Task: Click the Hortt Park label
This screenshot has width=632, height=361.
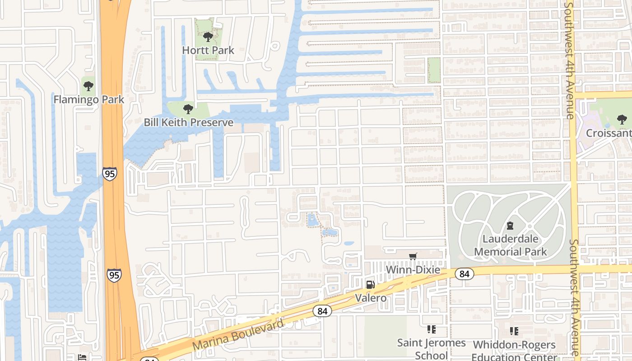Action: point(208,50)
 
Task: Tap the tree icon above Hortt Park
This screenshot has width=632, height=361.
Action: point(208,37)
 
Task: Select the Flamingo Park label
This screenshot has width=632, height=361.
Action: point(88,99)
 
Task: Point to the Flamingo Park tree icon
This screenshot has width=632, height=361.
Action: point(88,86)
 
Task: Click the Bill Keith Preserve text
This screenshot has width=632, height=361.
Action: point(188,122)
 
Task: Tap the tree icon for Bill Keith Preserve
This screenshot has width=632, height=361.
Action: point(188,109)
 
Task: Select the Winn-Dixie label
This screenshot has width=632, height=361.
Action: point(413,270)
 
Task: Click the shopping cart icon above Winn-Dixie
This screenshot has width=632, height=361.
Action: point(413,257)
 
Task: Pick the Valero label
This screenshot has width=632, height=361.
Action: point(370,298)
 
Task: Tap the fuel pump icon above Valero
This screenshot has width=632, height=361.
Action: point(370,284)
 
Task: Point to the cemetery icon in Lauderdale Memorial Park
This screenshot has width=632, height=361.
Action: point(510,225)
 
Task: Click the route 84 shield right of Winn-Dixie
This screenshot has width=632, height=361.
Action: point(464,273)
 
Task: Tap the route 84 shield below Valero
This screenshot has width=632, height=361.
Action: point(322,311)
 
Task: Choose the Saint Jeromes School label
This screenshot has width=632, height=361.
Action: point(431,349)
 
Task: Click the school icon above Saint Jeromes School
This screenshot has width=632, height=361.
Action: point(431,330)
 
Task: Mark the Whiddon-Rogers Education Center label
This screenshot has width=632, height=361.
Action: point(514,351)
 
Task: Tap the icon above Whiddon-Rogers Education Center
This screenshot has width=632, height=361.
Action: point(514,332)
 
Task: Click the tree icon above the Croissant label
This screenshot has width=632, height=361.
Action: point(622,120)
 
